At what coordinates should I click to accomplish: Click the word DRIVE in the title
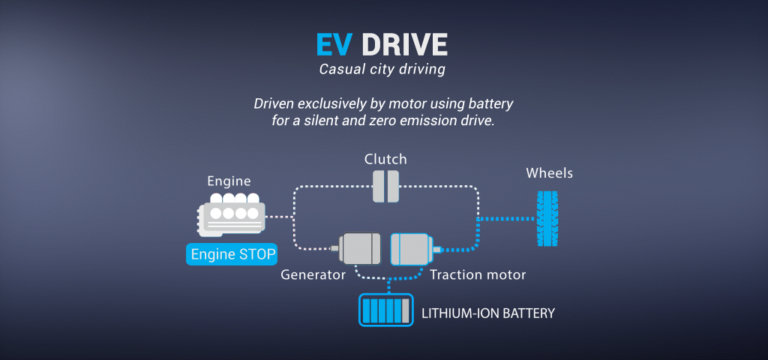[404, 44]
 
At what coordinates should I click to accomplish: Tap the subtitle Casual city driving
[382, 70]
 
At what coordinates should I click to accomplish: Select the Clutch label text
[385, 159]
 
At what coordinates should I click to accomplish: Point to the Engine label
[229, 181]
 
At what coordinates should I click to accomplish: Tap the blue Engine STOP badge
[231, 254]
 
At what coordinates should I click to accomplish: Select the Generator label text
[313, 275]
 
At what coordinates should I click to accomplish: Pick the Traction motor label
[478, 275]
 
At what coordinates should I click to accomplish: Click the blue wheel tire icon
[545, 219]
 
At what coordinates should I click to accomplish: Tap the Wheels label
[549, 173]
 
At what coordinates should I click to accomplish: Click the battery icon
[385, 310]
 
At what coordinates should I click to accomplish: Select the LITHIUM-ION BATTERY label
[488, 313]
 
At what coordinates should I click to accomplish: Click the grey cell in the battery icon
[406, 310]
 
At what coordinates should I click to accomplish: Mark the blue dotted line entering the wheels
[506, 219]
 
